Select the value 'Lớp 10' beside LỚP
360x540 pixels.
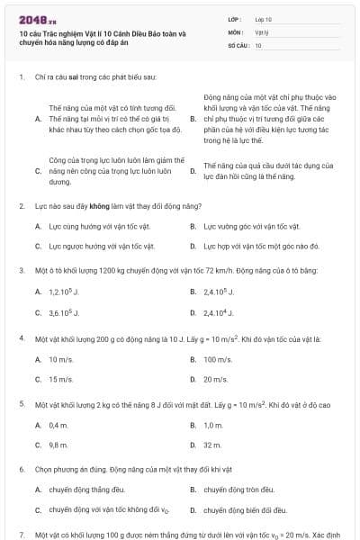click(x=263, y=18)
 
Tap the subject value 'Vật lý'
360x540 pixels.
click(x=261, y=31)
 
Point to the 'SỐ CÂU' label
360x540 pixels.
click(x=238, y=44)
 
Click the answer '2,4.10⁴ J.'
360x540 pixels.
click(x=220, y=313)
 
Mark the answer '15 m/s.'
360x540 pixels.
click(x=60, y=379)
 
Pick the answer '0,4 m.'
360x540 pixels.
click(x=58, y=424)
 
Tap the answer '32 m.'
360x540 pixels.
click(x=212, y=445)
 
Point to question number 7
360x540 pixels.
click(x=21, y=535)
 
